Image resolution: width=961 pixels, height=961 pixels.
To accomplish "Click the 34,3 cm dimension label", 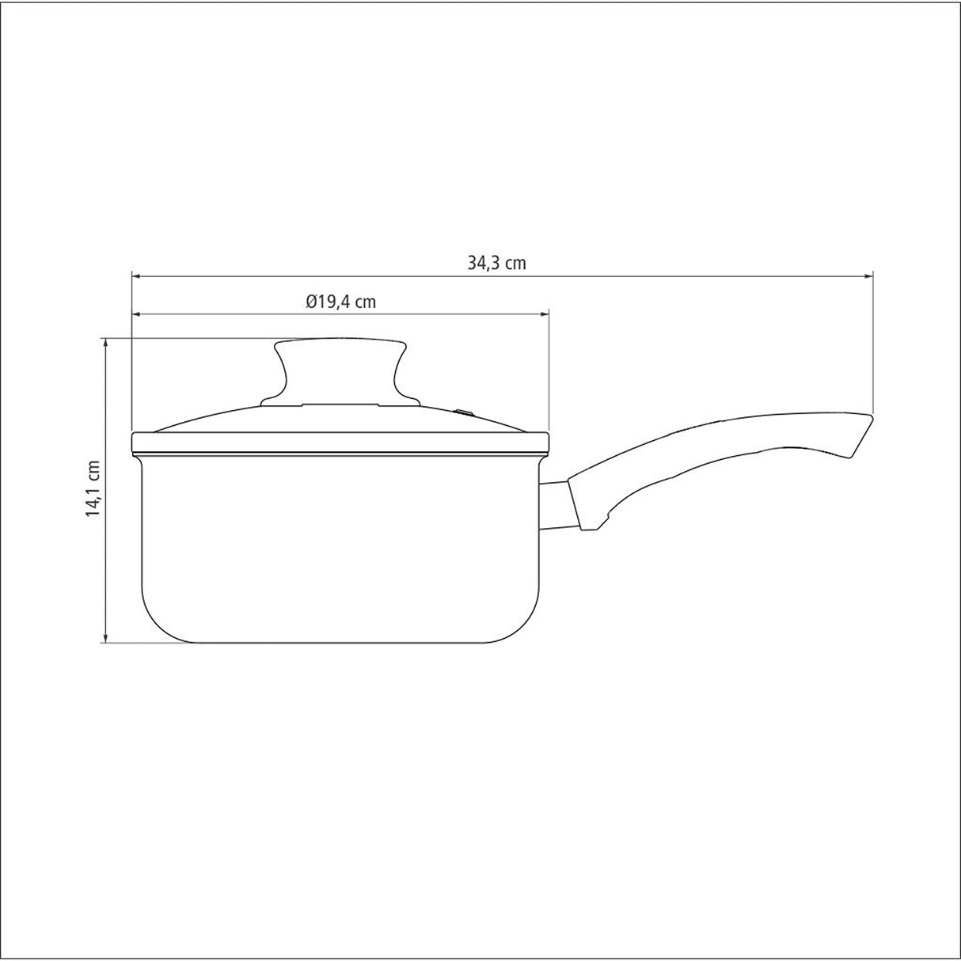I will (x=496, y=264).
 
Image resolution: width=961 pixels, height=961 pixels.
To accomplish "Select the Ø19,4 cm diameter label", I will (x=340, y=302).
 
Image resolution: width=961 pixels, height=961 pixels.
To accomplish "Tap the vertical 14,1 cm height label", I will (x=93, y=488).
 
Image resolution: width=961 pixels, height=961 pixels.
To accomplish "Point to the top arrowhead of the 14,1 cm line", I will (x=105, y=343).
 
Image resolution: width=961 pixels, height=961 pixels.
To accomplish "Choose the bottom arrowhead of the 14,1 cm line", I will (x=105, y=637).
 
